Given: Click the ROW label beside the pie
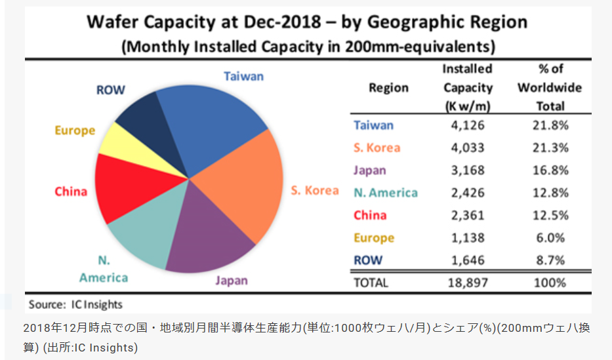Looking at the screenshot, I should click(110, 90).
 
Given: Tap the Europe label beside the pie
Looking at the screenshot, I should click(75, 130).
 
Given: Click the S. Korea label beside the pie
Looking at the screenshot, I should click(315, 191).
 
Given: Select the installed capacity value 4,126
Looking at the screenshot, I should click(467, 125).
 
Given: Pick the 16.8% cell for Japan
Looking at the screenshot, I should click(550, 170).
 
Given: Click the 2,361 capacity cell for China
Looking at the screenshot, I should click(467, 215).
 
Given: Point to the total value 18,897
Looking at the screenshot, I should click(467, 283).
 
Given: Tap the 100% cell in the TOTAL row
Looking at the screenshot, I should click(550, 283).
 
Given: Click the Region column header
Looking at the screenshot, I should click(388, 88).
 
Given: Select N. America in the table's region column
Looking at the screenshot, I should click(386, 193).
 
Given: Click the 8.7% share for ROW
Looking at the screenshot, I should click(550, 260).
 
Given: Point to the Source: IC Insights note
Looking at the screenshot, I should click(76, 304).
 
